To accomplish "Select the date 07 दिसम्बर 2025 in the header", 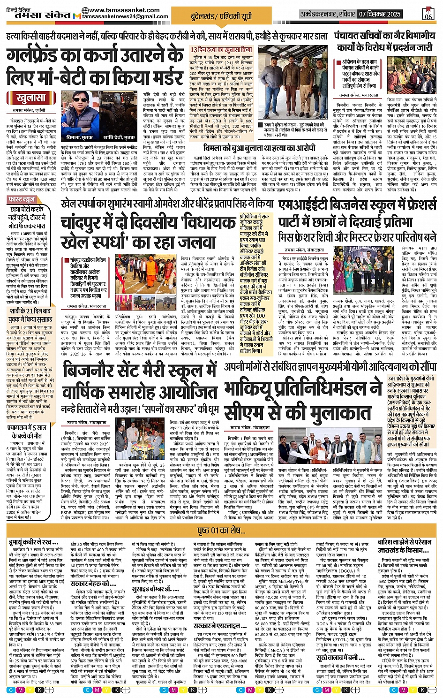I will click(x=380, y=14).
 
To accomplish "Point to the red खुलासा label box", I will click(x=30, y=99).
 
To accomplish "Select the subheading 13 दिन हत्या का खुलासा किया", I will click(x=221, y=50).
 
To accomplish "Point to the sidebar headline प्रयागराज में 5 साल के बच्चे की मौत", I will click(x=27, y=432).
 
